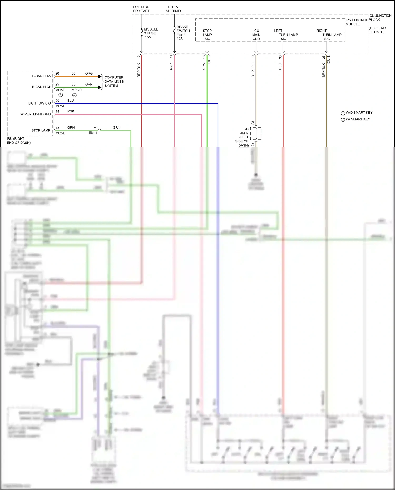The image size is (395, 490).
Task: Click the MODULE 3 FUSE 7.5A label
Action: click(151, 33)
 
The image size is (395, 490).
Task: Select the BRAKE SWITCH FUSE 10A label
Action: click(183, 33)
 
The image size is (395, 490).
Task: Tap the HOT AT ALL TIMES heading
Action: click(174, 9)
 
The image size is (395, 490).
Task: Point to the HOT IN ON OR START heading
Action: click(141, 9)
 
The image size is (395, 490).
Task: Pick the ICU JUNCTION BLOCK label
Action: click(380, 18)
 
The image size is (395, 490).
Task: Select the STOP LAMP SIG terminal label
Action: click(207, 35)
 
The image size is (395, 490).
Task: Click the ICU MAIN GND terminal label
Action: click(256, 35)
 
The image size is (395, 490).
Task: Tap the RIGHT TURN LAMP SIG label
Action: click(329, 35)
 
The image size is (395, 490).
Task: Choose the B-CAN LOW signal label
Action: click(42, 76)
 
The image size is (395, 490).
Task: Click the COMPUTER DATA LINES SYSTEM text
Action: click(114, 82)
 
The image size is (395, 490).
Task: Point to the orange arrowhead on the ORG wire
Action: click(100, 77)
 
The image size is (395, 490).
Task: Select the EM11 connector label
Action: click(93, 133)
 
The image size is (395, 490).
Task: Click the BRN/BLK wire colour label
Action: click(324, 70)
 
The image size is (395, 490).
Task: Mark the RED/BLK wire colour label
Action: click(139, 70)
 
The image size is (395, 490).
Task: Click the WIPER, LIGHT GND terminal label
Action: click(35, 114)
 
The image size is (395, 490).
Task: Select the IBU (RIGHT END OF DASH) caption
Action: click(19, 141)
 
